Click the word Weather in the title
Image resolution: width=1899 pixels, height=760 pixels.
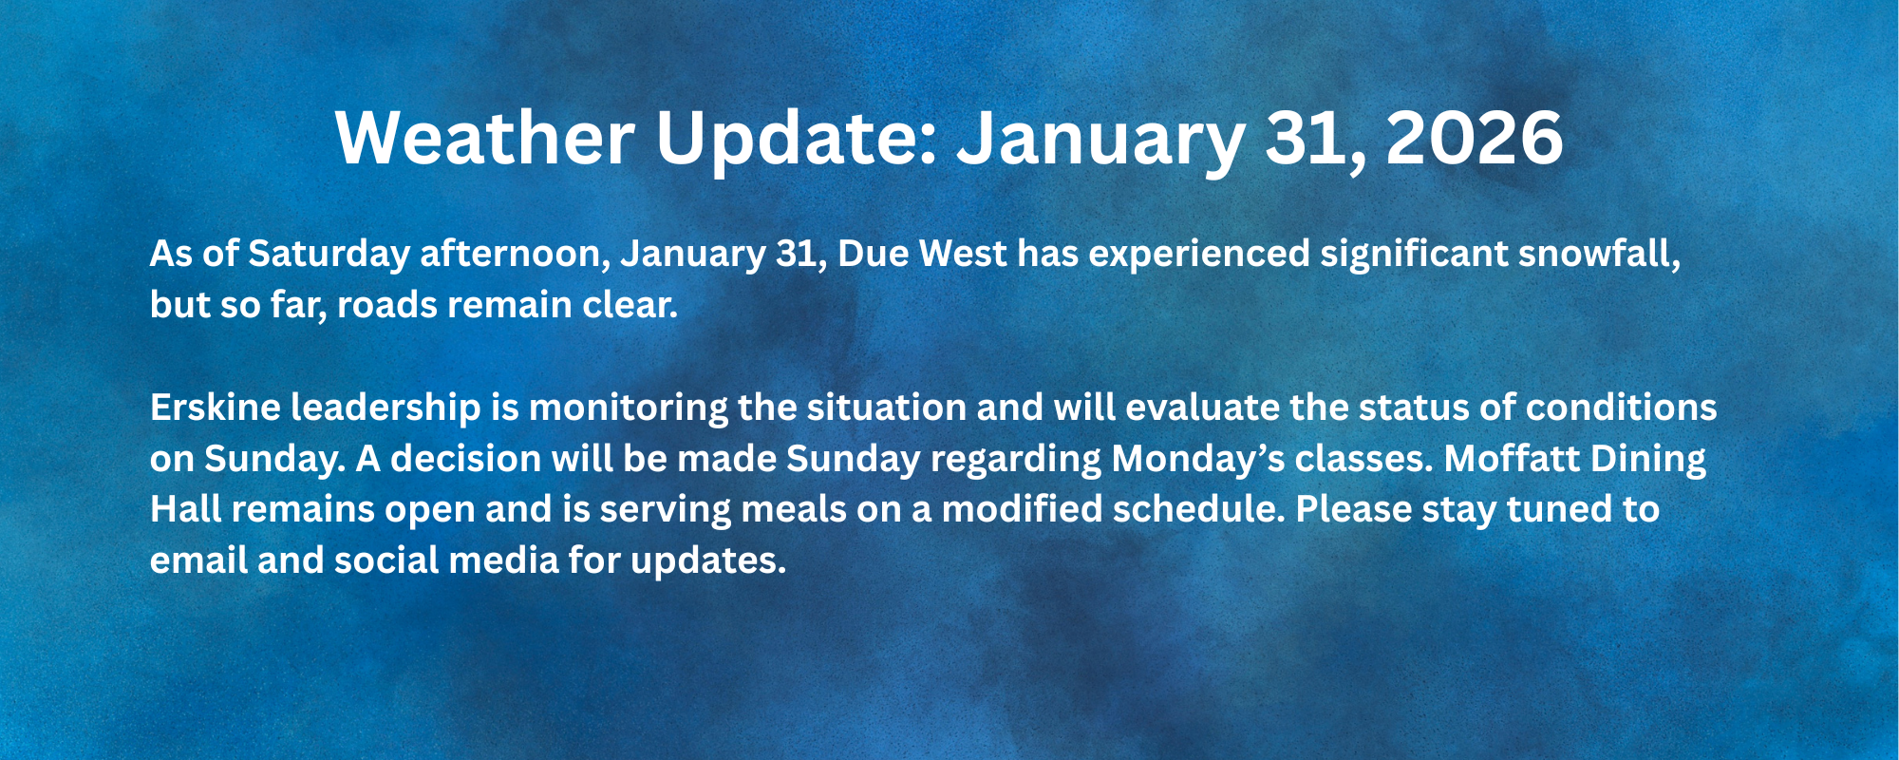(484, 139)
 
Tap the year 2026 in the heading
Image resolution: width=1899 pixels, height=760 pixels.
(1474, 139)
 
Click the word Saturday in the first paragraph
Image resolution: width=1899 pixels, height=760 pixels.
(329, 255)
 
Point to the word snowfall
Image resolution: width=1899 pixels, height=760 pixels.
(1598, 255)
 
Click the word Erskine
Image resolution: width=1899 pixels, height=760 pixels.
(215, 408)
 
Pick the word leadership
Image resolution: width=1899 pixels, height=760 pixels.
(385, 408)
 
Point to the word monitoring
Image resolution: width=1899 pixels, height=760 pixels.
(628, 408)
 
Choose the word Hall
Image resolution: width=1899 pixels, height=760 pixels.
(185, 510)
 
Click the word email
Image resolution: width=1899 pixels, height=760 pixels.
(198, 561)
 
